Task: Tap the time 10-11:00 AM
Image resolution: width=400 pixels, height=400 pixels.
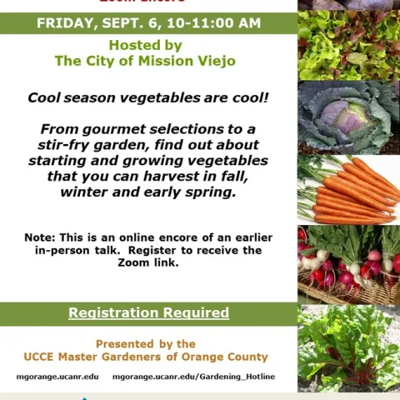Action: click(219, 23)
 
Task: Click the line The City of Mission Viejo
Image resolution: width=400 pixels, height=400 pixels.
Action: click(145, 62)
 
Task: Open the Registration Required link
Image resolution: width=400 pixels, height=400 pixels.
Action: click(148, 313)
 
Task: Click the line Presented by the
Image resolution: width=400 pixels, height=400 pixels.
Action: click(146, 343)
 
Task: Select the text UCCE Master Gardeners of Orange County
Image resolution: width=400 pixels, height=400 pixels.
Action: click(146, 357)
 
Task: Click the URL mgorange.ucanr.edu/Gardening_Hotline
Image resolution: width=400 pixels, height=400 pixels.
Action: click(192, 377)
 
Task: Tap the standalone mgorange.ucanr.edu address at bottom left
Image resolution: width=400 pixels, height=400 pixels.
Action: click(57, 377)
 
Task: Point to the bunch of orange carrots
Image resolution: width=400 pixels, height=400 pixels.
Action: click(348, 189)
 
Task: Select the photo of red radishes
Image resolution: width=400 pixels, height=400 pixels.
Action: click(348, 262)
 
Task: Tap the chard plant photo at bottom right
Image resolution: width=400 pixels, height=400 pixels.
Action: click(348, 346)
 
